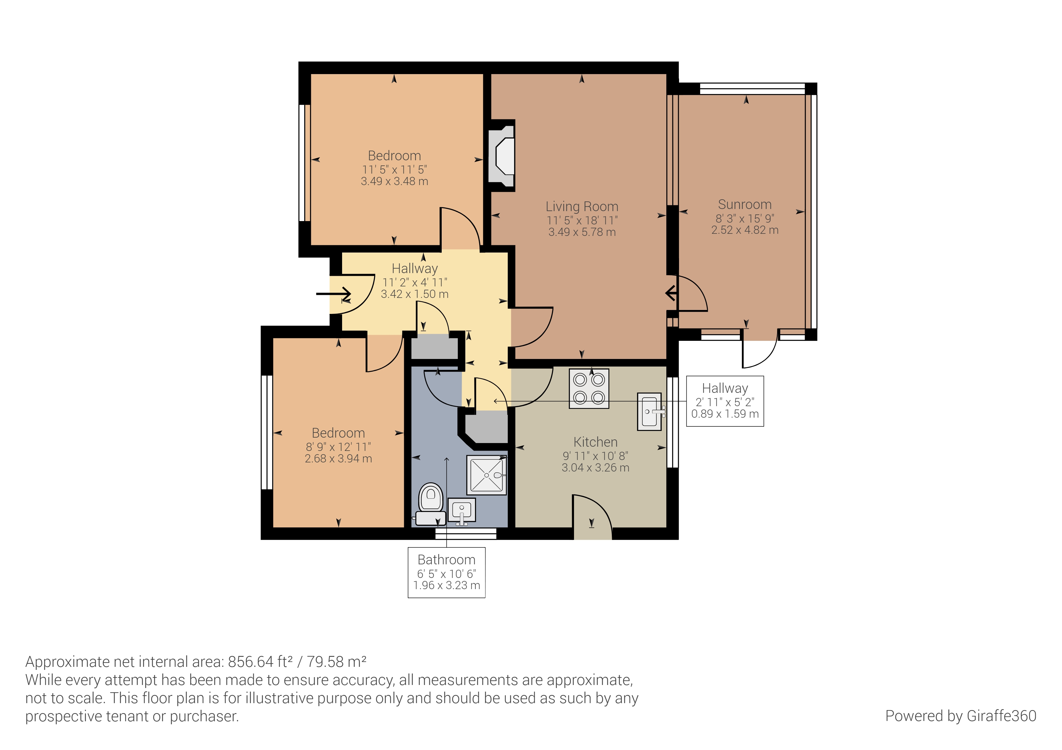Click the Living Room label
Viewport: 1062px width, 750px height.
pos(582,206)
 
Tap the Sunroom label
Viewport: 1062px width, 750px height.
pos(745,204)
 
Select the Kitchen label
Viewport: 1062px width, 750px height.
pos(595,442)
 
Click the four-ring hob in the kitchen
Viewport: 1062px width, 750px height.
pos(589,389)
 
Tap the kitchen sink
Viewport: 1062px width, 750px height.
pos(649,412)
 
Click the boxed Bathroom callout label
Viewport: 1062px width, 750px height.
pos(446,572)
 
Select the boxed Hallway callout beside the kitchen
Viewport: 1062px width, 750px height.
pos(725,401)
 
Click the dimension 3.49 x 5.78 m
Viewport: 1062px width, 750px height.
pos(582,232)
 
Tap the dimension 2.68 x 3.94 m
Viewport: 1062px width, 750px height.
pos(338,458)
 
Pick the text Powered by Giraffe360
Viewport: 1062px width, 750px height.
pos(961,716)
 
